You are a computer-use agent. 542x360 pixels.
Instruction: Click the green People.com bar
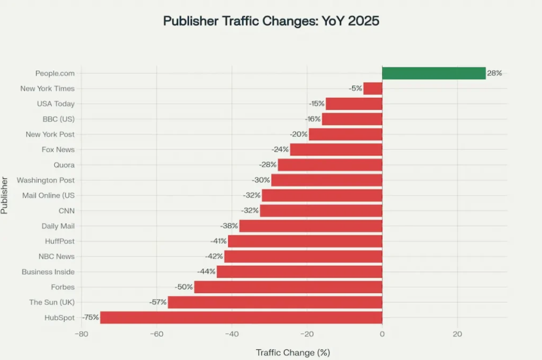click(434, 73)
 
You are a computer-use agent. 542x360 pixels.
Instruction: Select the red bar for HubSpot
click(241, 317)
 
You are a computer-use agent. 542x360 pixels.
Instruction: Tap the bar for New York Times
click(373, 89)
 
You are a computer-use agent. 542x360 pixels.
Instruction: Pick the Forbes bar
click(288, 287)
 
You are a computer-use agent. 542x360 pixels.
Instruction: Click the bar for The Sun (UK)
click(275, 302)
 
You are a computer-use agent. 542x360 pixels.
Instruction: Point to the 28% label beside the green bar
click(494, 73)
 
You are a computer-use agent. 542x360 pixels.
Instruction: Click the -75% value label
click(91, 317)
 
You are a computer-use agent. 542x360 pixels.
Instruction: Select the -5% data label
click(356, 89)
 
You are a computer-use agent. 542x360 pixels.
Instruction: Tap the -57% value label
click(158, 302)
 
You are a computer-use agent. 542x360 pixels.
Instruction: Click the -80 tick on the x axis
click(81, 334)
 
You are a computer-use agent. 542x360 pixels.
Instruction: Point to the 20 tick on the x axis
click(457, 334)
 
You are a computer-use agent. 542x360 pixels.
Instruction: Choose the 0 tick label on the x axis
click(382, 334)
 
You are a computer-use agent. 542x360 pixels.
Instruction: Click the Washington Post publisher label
click(46, 180)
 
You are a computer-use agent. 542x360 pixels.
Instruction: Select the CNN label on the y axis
click(67, 211)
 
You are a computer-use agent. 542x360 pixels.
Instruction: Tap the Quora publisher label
click(64, 165)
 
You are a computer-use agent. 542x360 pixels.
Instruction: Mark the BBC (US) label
click(58, 119)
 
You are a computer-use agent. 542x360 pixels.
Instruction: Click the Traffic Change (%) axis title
click(293, 353)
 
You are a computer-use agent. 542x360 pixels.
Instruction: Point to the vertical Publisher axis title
click(4, 196)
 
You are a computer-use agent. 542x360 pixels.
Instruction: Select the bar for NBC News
click(303, 257)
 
